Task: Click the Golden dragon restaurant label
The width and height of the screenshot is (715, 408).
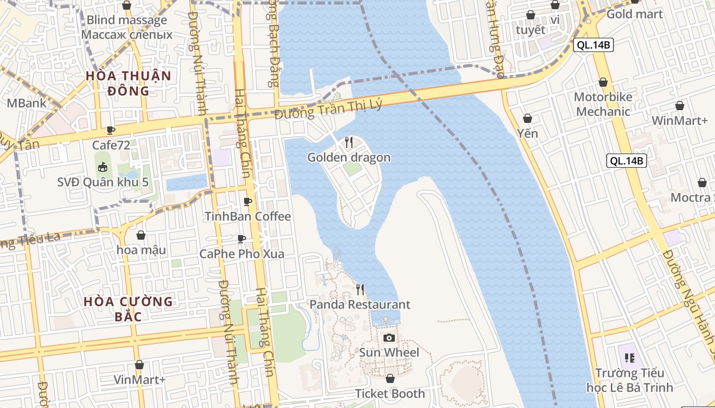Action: coord(349,158)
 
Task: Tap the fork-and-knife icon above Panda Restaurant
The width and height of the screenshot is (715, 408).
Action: coord(360,290)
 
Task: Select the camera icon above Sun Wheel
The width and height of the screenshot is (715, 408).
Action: coord(389,338)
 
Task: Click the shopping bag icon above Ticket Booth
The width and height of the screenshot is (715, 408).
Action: coord(390,379)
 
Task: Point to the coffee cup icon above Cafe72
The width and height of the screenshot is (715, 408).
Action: coord(111,130)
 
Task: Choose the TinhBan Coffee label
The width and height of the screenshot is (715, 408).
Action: coord(248,216)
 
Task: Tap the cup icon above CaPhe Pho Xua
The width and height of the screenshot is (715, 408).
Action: coord(242,239)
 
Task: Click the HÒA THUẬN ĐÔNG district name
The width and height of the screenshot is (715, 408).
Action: coord(128,83)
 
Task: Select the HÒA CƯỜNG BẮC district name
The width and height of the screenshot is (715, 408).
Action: coord(128,309)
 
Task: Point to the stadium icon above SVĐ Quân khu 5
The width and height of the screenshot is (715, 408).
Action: coord(103,167)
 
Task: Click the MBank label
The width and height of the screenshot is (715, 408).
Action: coord(26,103)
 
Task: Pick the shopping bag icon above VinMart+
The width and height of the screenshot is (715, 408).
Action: coord(139,365)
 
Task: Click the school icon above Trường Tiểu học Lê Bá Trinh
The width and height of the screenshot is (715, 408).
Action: coord(629,358)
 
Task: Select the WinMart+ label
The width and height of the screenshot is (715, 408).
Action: coord(680,121)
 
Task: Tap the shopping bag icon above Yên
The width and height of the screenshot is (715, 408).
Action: coord(528,119)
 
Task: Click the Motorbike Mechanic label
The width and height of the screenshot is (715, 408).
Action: coord(603,104)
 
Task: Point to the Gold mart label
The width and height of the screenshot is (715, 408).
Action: coord(634,14)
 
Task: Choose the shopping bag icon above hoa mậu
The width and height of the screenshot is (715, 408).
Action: coord(141,235)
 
